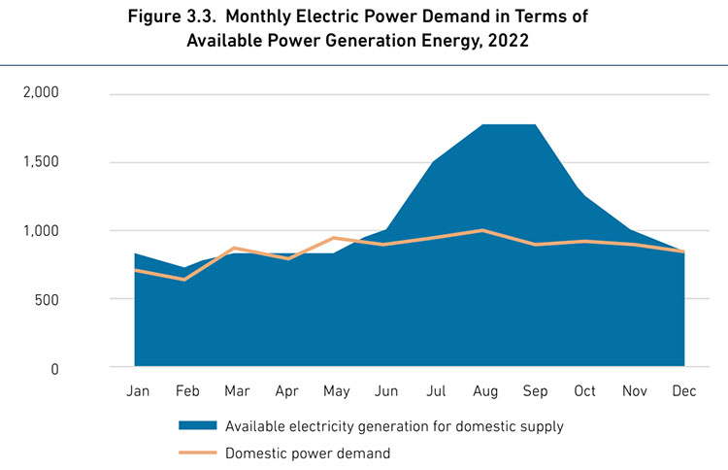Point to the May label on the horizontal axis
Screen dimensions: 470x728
335,390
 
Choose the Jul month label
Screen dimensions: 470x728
436,390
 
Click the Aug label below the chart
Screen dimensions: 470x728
485,390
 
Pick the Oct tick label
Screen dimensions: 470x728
585,390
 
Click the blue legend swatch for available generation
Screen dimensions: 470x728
198,425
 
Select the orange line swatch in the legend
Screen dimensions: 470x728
198,452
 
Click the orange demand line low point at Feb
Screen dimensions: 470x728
184,280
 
